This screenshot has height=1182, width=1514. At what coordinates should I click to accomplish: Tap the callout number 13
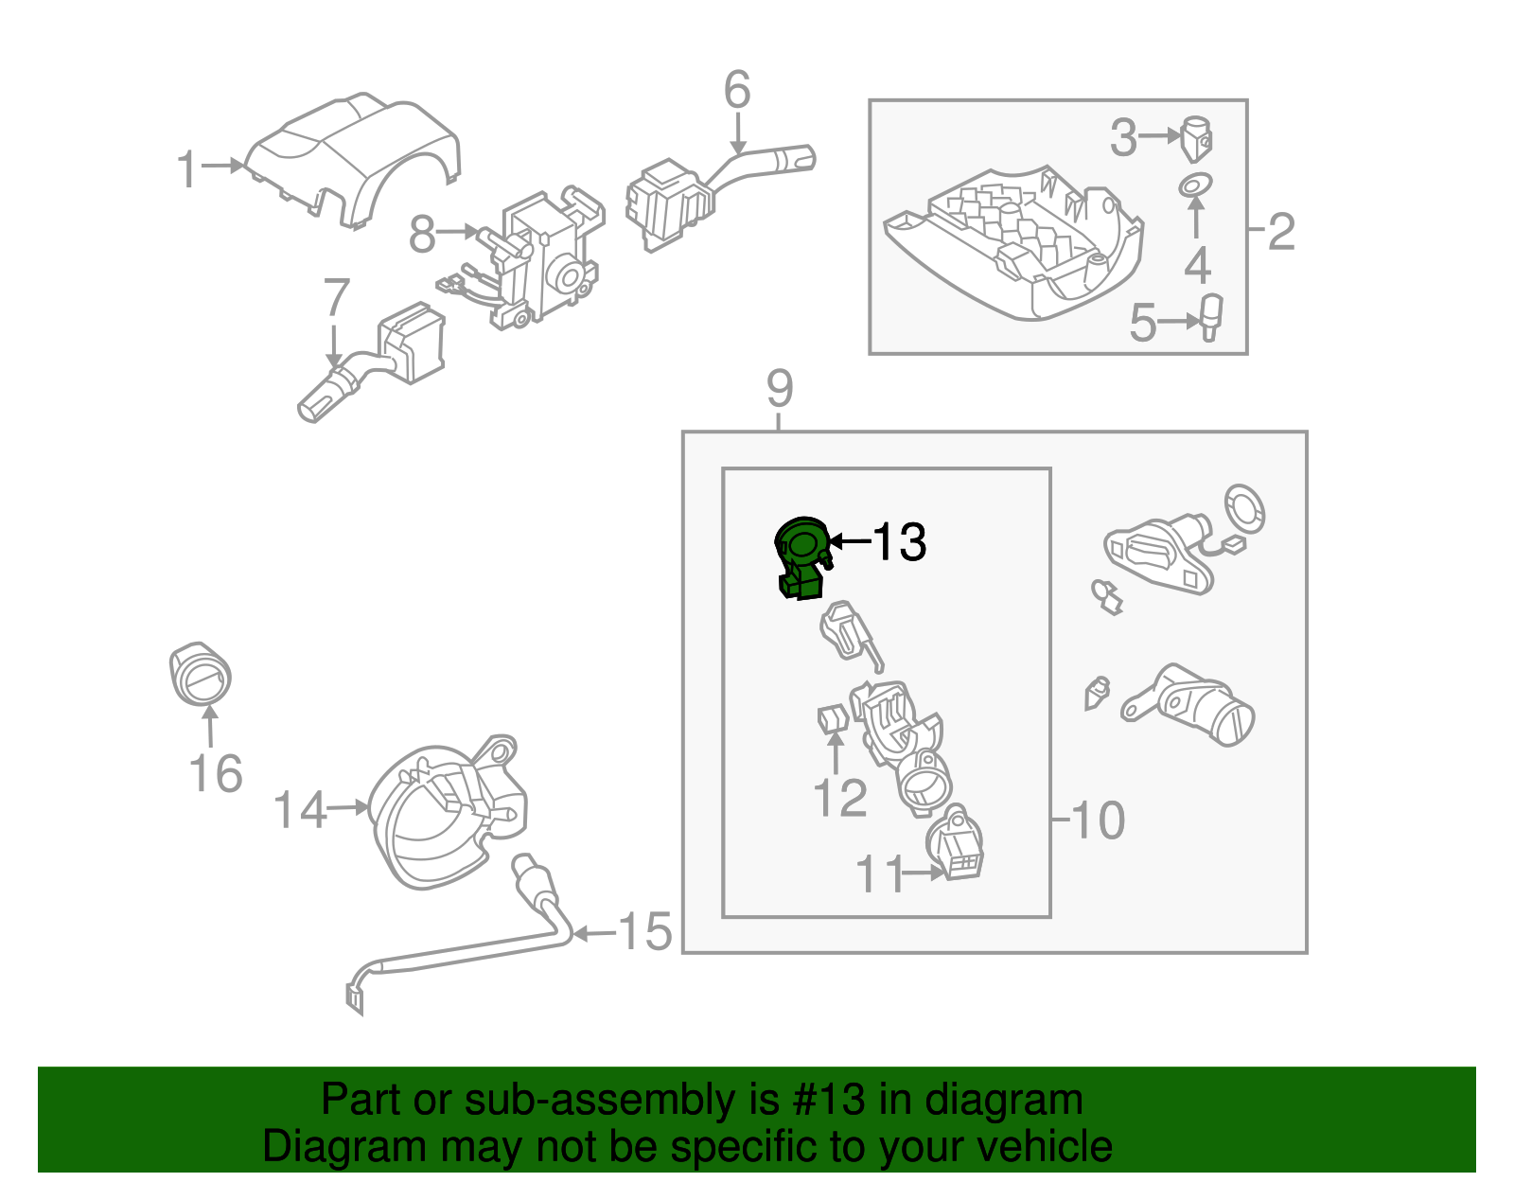(898, 542)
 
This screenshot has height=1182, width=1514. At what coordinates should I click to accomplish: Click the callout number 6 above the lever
(737, 91)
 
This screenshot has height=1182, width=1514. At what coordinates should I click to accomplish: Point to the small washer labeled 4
(1196, 185)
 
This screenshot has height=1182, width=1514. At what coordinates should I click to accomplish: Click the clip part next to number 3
(1198, 137)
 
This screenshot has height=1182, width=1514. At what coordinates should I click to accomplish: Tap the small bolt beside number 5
(1210, 316)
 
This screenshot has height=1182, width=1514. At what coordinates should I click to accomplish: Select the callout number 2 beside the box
(1280, 231)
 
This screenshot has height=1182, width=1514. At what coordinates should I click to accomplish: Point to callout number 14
(300, 811)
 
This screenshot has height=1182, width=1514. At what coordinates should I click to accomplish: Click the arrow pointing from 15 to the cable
(594, 934)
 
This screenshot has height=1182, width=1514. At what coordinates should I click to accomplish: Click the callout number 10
(1099, 820)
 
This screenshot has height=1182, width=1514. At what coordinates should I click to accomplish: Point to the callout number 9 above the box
(780, 389)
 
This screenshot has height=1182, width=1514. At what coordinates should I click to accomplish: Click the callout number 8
(422, 234)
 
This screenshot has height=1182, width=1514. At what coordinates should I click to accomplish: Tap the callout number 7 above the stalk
(337, 298)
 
